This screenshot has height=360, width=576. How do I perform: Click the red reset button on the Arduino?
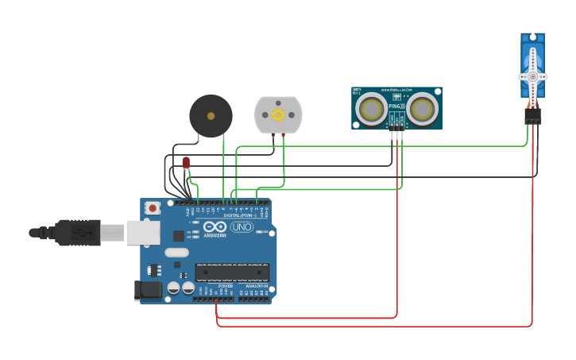[x=153, y=207]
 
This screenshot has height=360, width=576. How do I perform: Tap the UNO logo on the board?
[x=242, y=227]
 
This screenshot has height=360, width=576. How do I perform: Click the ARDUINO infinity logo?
[x=215, y=226]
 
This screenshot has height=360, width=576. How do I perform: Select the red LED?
[x=186, y=162]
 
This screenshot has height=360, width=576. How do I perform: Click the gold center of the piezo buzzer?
[x=211, y=116]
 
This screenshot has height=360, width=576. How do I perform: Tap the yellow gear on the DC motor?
[x=278, y=114]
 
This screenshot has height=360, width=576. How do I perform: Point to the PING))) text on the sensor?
[x=396, y=105]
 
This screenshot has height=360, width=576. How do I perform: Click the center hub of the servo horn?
[x=532, y=76]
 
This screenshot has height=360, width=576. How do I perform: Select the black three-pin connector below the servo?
[x=532, y=116]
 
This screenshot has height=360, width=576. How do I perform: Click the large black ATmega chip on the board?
[x=232, y=272]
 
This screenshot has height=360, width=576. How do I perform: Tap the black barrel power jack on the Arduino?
[x=148, y=291]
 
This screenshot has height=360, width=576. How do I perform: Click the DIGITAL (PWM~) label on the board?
[x=239, y=215]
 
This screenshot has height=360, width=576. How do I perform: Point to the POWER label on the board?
[x=225, y=286]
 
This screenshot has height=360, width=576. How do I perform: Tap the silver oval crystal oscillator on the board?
[x=177, y=253]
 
